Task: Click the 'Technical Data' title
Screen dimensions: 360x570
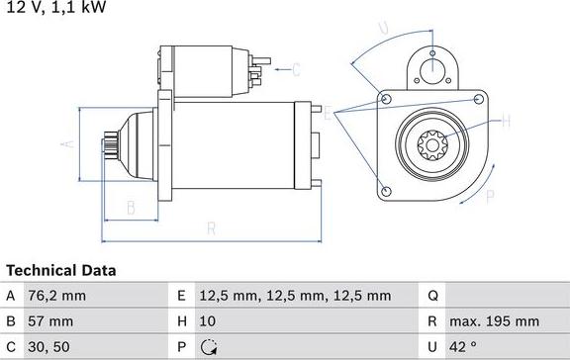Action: pyautogui.click(x=61, y=270)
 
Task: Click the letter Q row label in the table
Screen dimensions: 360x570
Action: pyautogui.click(x=432, y=296)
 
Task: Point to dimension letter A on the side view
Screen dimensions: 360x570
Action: pyautogui.click(x=68, y=144)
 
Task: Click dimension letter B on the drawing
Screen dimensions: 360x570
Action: pyautogui.click(x=130, y=208)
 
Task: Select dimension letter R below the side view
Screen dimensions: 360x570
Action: pyautogui.click(x=211, y=230)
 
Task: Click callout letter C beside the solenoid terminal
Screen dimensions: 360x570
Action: pyautogui.click(x=295, y=69)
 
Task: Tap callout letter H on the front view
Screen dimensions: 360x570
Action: pyautogui.click(x=506, y=122)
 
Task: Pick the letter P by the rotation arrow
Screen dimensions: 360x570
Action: pyautogui.click(x=489, y=197)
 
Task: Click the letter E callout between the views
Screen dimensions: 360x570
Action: pyautogui.click(x=326, y=115)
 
